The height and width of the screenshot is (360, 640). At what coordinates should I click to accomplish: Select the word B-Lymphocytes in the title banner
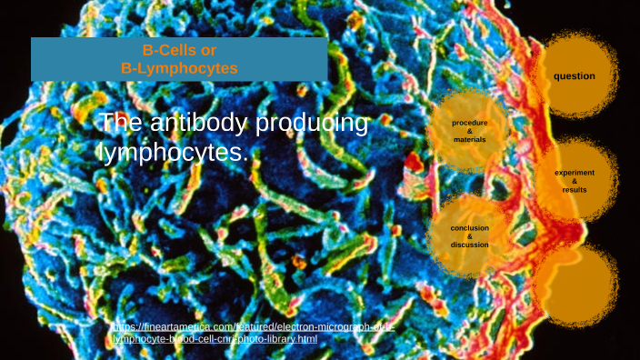(179, 67)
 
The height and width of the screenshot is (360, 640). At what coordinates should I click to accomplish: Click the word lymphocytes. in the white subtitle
(173, 153)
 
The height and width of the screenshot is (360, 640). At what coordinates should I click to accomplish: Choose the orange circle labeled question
(575, 76)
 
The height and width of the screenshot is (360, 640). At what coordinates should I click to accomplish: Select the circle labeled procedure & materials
(470, 132)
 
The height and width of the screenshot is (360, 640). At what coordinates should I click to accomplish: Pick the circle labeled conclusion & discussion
(470, 235)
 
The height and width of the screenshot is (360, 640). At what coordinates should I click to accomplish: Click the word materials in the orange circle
(470, 140)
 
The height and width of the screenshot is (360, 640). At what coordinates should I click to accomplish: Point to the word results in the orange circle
(575, 191)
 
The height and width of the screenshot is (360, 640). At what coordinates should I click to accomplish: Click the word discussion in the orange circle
(470, 245)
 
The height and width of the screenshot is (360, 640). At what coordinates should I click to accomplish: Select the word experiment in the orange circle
(575, 173)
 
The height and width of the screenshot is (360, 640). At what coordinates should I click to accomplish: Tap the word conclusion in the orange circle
(470, 227)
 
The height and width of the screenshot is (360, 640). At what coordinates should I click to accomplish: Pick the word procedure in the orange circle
(470, 123)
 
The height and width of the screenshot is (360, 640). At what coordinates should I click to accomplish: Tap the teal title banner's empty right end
(291, 59)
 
